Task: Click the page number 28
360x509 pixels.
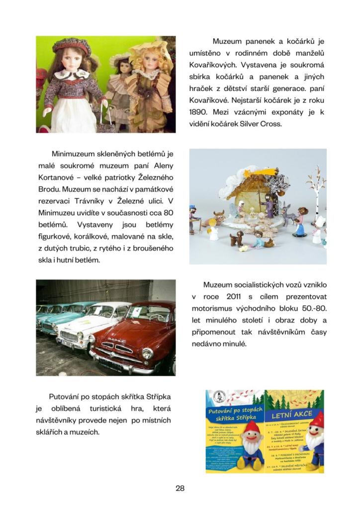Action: tap(180, 488)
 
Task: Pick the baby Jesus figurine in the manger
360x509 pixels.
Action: tap(253, 217)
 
